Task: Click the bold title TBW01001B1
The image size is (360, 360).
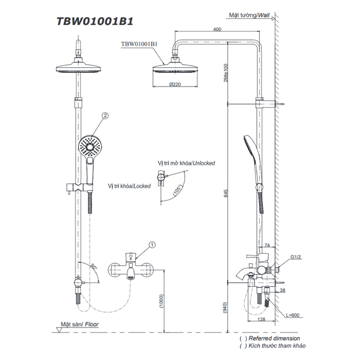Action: [x=95, y=21]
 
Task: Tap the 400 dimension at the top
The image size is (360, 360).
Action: [x=217, y=29]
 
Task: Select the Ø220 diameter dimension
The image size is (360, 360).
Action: [x=175, y=84]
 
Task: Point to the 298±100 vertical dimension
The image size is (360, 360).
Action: [x=226, y=73]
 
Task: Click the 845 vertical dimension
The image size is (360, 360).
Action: [x=226, y=193]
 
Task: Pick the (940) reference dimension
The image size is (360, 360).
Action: [x=225, y=307]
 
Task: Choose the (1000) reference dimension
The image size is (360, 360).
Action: [x=162, y=301]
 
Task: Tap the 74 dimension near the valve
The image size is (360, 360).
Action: [x=267, y=245]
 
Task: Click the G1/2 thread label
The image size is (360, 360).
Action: [x=296, y=257]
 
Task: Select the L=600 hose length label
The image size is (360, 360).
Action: [x=293, y=315]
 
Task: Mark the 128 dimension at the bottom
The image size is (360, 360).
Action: [x=261, y=319]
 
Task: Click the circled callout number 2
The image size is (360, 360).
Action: [x=105, y=116]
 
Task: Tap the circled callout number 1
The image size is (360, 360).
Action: [x=152, y=245]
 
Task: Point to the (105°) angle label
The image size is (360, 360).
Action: [x=177, y=190]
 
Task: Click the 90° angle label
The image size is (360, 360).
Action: [x=94, y=266]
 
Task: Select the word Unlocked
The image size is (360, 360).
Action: [x=204, y=163]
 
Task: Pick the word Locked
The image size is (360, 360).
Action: [x=142, y=186]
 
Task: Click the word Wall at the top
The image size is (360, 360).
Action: [x=264, y=15]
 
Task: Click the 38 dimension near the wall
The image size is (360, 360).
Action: [x=283, y=290]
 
